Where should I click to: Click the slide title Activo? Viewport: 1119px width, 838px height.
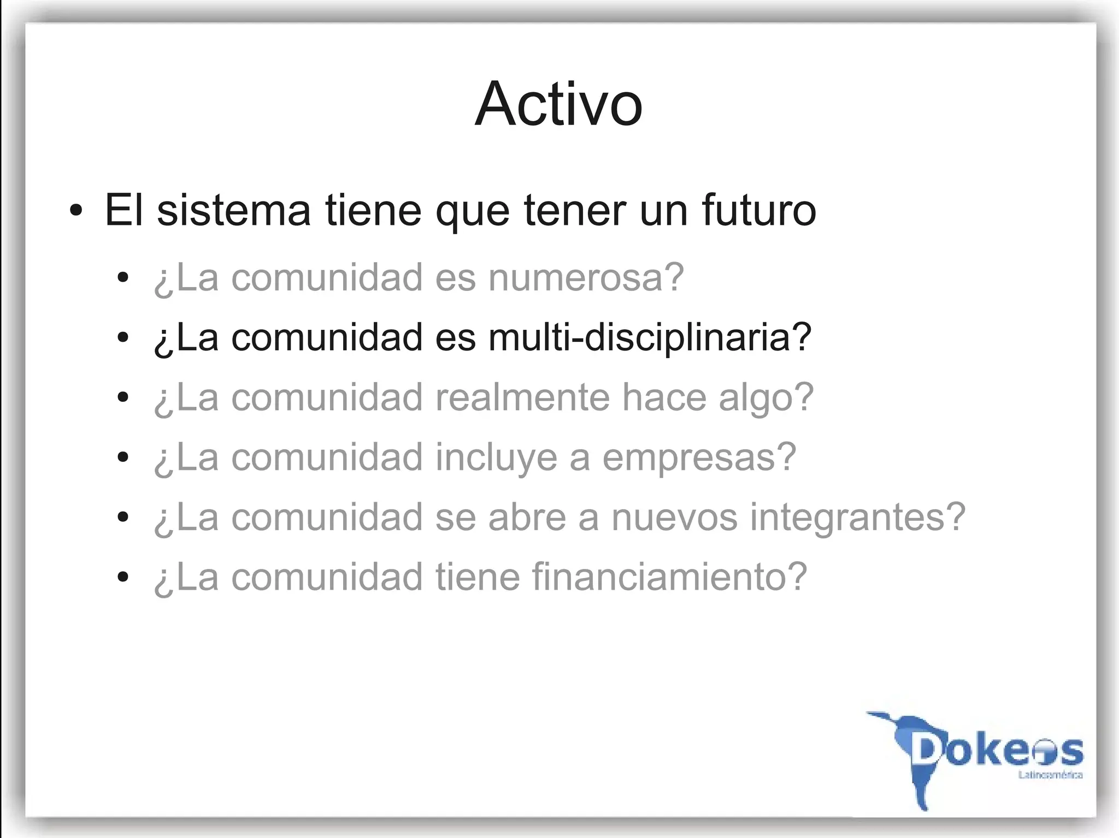click(558, 104)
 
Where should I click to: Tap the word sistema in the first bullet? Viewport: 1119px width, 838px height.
click(234, 210)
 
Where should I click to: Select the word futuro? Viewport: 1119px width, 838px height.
click(758, 210)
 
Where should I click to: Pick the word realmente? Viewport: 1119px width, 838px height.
click(522, 397)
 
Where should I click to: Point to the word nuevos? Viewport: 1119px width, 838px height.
click(674, 518)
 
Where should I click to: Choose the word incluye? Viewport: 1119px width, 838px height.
click(496, 457)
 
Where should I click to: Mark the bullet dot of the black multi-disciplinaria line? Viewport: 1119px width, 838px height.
click(123, 337)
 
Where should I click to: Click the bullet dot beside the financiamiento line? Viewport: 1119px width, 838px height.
click(123, 577)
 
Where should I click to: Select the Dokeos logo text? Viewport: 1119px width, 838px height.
click(997, 751)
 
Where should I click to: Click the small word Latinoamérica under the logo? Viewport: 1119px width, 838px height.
click(1050, 775)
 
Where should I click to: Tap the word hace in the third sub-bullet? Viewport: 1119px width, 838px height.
click(664, 397)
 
